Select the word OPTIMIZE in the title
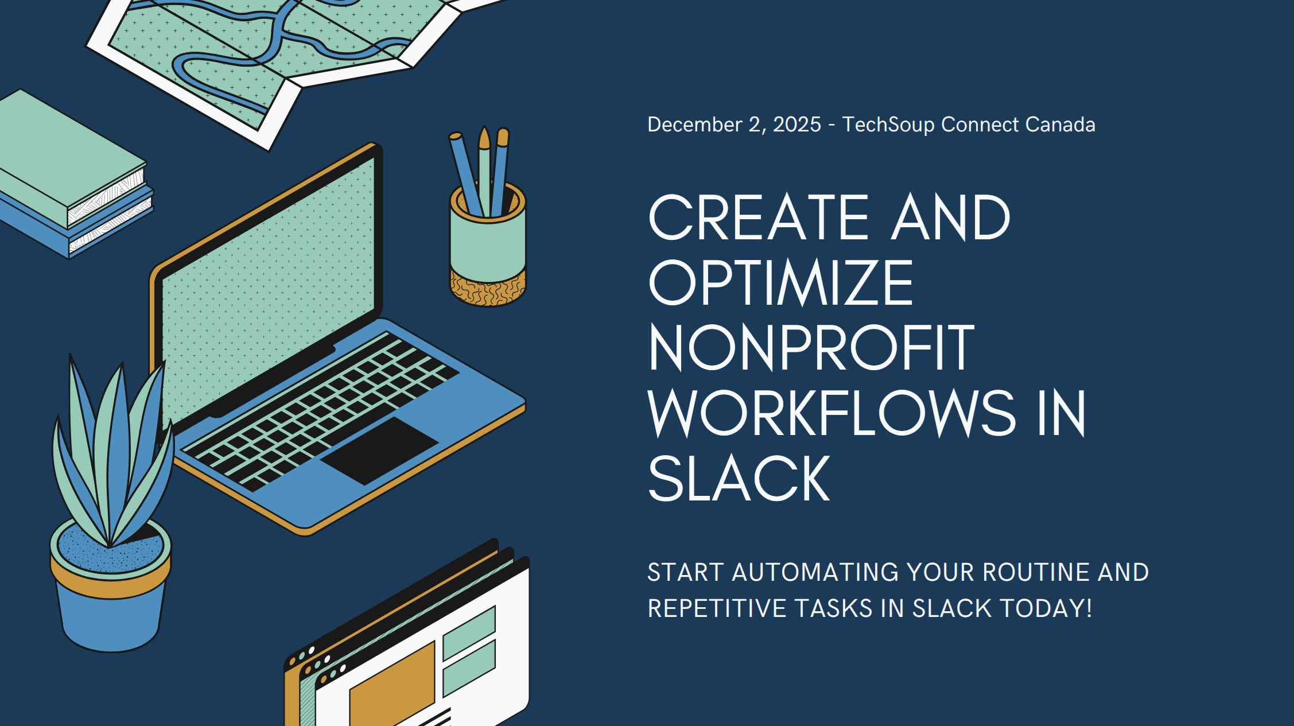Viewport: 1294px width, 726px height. (x=780, y=283)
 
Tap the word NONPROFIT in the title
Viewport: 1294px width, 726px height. (x=811, y=348)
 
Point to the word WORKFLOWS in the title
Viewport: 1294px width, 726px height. (x=831, y=413)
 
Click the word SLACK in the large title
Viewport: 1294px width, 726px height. (x=739, y=479)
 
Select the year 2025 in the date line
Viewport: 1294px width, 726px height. (x=796, y=125)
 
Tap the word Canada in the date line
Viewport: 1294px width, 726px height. (x=1060, y=125)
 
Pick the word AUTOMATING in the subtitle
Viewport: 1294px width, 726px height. (x=815, y=572)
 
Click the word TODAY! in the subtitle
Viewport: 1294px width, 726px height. (x=1046, y=608)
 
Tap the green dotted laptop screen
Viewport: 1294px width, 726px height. (x=270, y=287)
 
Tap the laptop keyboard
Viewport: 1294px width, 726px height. (x=321, y=407)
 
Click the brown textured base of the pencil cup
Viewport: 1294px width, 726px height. (x=488, y=290)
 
